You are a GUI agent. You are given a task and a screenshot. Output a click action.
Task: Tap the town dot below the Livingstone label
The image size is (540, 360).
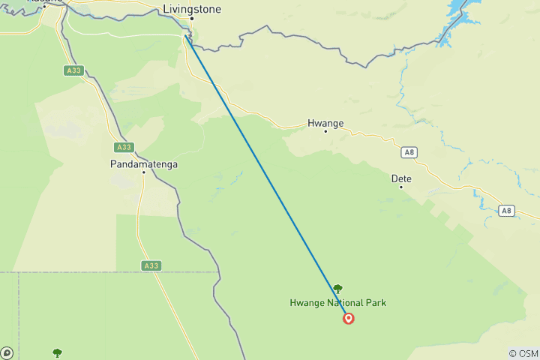(x=191, y=18)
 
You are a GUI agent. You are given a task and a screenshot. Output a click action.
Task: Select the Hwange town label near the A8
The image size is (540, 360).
(x=325, y=123)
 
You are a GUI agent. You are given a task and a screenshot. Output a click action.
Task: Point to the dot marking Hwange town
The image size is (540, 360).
(x=325, y=131)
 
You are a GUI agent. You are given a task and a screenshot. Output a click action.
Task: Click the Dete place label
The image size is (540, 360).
(x=401, y=178)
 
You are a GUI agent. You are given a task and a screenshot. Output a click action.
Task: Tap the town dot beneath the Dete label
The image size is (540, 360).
(x=400, y=187)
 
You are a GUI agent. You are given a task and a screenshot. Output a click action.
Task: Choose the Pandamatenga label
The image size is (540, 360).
(x=142, y=163)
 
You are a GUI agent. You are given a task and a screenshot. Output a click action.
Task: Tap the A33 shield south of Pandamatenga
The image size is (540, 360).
(x=151, y=265)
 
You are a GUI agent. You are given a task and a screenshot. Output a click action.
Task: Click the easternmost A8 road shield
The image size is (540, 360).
(x=507, y=211)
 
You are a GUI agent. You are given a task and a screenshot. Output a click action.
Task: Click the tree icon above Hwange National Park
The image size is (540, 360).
(x=337, y=289)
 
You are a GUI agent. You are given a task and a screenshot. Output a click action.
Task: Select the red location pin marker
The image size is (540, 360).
(x=349, y=318)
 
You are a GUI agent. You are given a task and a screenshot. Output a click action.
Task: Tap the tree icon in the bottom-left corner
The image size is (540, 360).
(x=57, y=352)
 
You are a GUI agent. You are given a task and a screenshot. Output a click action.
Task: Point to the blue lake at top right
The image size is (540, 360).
(x=460, y=15)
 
